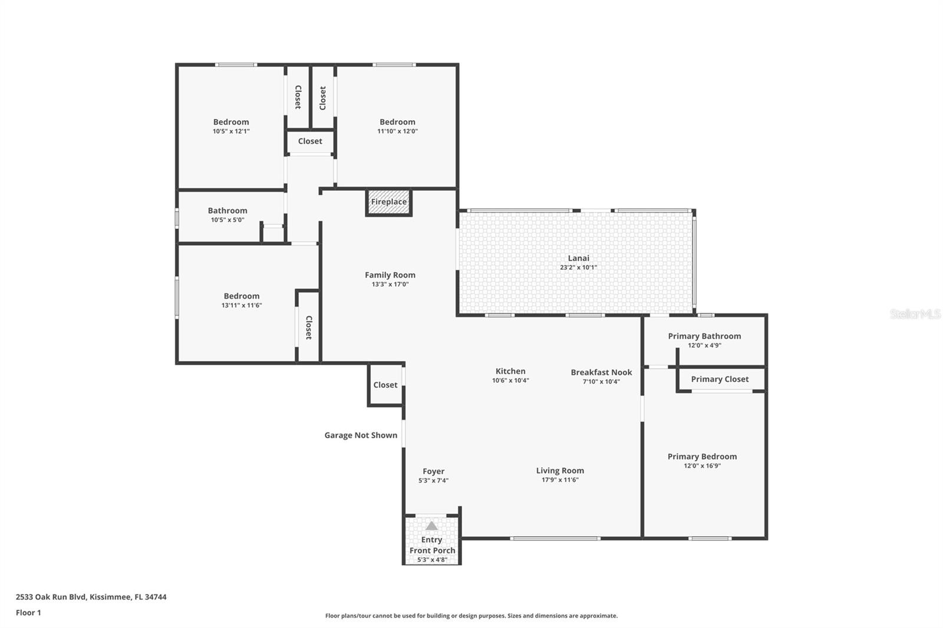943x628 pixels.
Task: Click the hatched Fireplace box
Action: pyautogui.click(x=388, y=202)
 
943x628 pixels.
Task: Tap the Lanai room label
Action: pyautogui.click(x=578, y=258)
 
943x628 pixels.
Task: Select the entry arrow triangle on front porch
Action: pyautogui.click(x=431, y=525)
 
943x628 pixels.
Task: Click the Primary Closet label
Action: pyautogui.click(x=720, y=379)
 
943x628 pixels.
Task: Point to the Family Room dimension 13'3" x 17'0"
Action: pyautogui.click(x=390, y=285)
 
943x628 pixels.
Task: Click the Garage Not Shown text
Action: pyautogui.click(x=361, y=435)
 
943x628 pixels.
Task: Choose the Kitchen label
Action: pyautogui.click(x=510, y=371)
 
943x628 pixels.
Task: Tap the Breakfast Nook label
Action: pyautogui.click(x=601, y=372)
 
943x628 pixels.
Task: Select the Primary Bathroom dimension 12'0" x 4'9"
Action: pyautogui.click(x=704, y=346)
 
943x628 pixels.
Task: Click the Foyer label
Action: pyautogui.click(x=433, y=471)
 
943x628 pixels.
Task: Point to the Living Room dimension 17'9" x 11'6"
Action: pyautogui.click(x=560, y=480)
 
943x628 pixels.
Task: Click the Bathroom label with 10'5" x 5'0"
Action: pyautogui.click(x=227, y=211)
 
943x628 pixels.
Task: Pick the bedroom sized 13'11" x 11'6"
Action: pyautogui.click(x=241, y=296)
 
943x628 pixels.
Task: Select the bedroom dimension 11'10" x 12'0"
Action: pyautogui.click(x=397, y=131)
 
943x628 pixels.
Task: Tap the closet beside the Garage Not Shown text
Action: pyautogui.click(x=385, y=385)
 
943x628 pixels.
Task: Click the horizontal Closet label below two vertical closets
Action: pyautogui.click(x=310, y=141)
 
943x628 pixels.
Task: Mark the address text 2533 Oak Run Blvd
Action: pyautogui.click(x=91, y=597)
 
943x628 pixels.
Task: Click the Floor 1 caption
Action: pyautogui.click(x=28, y=613)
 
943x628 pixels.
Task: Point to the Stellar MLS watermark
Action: pyautogui.click(x=915, y=314)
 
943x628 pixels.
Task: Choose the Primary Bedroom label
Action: pyautogui.click(x=702, y=457)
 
